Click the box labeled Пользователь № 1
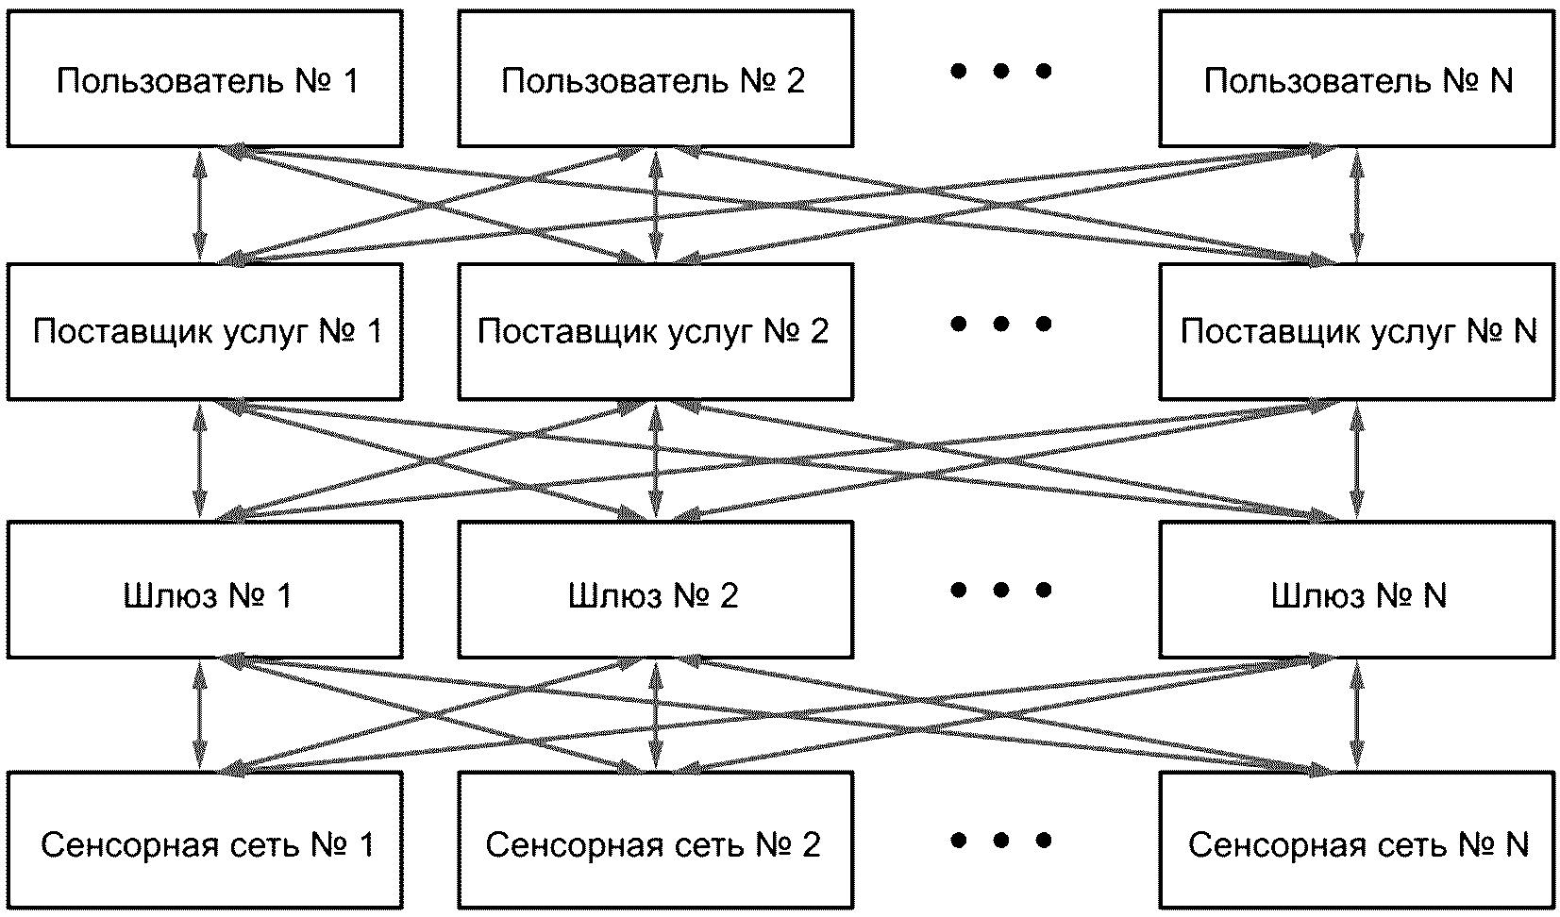tap(205, 78)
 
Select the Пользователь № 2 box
tap(655, 78)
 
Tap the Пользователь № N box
tap(1357, 78)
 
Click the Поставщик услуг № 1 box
tap(205, 331)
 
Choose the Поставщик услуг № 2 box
tap(655, 331)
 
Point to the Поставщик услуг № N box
tap(1357, 331)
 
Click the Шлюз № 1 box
tap(205, 590)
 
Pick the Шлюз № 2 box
tap(655, 590)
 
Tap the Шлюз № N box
tap(1357, 590)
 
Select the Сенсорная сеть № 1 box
tap(205, 841)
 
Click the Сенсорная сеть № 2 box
tap(655, 841)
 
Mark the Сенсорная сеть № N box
tap(1357, 841)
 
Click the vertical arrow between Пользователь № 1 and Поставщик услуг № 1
tap(200, 206)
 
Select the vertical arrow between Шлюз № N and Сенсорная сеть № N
tap(1357, 715)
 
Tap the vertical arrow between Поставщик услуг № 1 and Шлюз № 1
tap(200, 461)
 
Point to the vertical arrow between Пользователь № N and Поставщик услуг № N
tap(1357, 206)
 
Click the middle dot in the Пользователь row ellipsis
tap(1000, 71)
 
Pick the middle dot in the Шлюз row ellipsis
tap(1000, 591)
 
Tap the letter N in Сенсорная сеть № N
tap(1517, 844)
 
